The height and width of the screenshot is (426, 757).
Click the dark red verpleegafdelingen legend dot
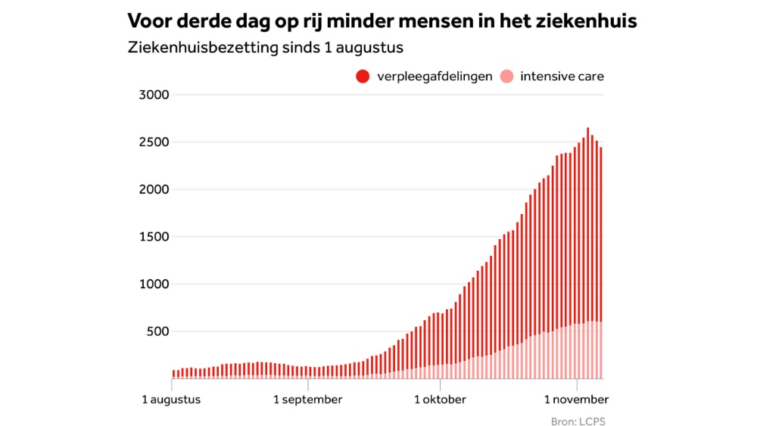363,76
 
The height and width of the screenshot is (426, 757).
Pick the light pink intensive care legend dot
506,76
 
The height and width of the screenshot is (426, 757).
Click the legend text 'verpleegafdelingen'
435,76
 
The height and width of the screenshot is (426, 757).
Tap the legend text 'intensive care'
562,76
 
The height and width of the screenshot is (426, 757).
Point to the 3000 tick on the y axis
154,95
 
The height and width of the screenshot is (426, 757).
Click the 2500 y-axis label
154,141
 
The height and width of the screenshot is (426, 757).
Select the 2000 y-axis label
154,189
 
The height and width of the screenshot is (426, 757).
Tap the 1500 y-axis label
154,236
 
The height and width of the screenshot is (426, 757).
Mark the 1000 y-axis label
154,284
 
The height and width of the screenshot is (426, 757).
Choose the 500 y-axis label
157,331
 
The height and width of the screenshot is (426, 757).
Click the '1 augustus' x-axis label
171,400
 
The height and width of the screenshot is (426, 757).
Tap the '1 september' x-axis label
308,400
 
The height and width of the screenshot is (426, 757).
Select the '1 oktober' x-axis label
441,400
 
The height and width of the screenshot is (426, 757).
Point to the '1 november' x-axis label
576,400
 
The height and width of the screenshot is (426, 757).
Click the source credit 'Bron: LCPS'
578,421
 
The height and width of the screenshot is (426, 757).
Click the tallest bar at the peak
588,253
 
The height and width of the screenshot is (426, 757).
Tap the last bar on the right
601,263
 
